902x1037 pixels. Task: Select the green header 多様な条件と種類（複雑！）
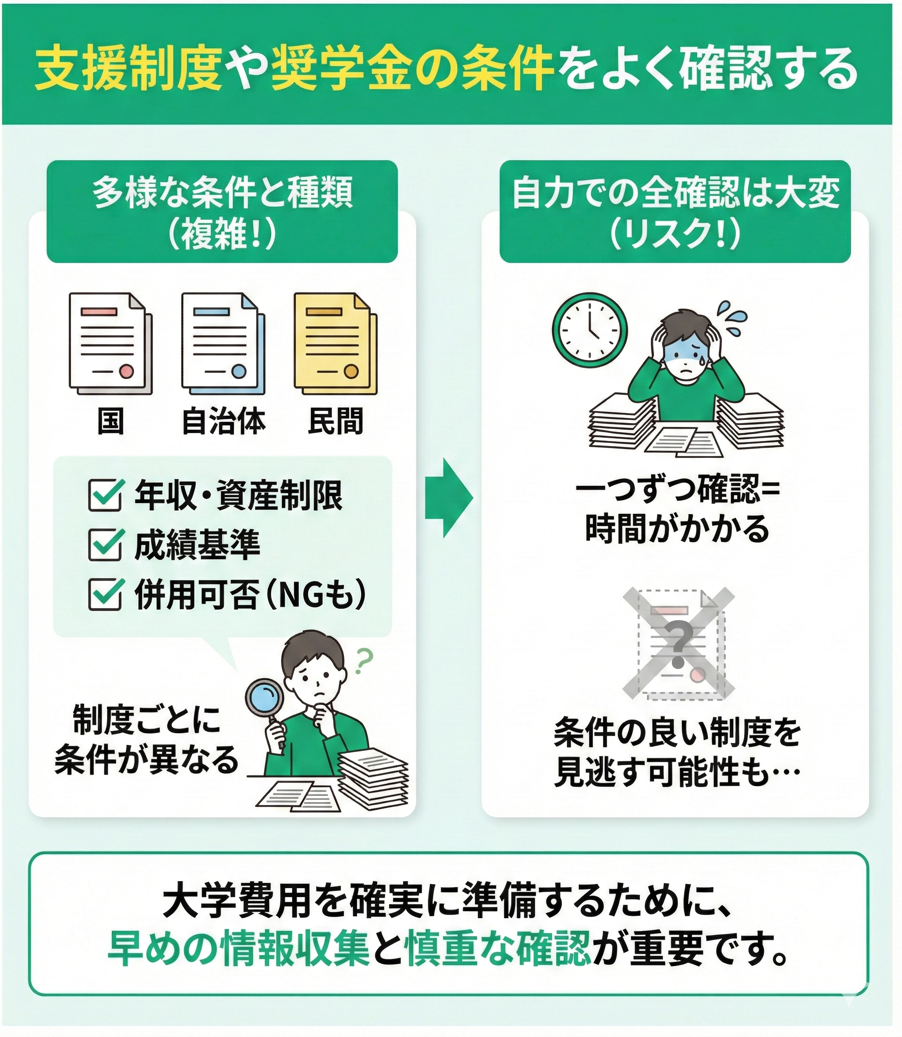[222, 211]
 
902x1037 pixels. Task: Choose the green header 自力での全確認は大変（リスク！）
[675, 211]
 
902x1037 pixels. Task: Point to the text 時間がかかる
[677, 529]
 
